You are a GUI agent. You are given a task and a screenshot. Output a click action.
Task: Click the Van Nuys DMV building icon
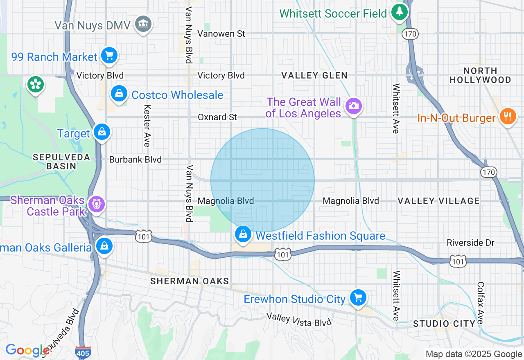pos(143,24)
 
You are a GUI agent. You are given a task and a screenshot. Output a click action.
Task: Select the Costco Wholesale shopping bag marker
pos(119,94)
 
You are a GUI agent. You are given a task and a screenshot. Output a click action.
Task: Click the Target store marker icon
pos(101,132)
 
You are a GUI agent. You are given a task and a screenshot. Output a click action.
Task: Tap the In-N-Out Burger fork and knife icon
pos(507,117)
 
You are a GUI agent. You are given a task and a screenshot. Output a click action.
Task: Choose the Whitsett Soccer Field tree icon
pos(399,12)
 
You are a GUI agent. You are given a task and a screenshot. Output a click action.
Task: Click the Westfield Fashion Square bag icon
pos(243,234)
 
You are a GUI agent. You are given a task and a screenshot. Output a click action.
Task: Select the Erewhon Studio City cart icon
pos(358,298)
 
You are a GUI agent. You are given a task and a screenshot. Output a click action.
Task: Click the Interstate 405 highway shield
pos(83,352)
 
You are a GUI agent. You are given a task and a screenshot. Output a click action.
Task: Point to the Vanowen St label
pos(221,34)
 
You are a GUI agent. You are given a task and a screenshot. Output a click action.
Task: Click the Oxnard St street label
pos(217,117)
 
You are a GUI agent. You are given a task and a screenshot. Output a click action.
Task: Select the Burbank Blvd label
pos(135,160)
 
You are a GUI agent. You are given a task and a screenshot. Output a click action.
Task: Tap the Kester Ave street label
pos(147,125)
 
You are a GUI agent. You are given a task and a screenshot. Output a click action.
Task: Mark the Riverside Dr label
pos(471,243)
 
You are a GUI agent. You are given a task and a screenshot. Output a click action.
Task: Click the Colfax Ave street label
pos(480,303)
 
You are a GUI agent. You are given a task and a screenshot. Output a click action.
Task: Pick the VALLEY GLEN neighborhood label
pos(314,75)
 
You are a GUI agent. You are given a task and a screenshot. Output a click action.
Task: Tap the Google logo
pos(27,351)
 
